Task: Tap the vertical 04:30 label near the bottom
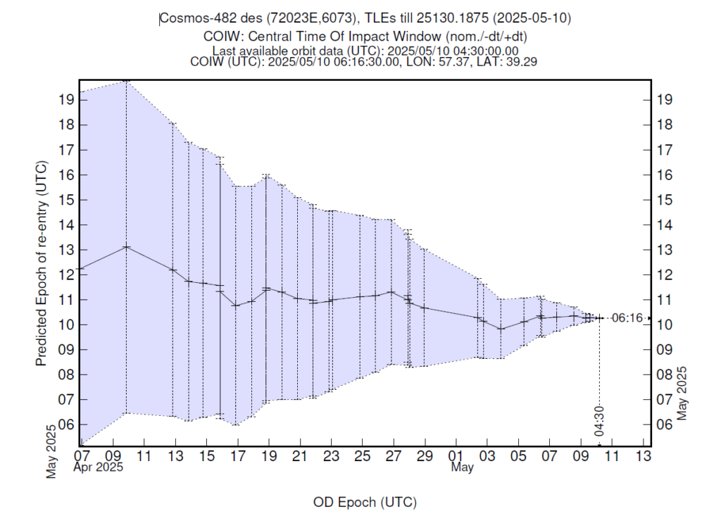click(x=599, y=420)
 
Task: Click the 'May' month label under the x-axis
click(x=462, y=467)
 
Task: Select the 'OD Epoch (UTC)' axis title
click(x=364, y=502)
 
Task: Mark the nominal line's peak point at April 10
click(x=126, y=246)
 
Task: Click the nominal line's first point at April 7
click(x=80, y=268)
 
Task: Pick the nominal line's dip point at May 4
click(x=501, y=329)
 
